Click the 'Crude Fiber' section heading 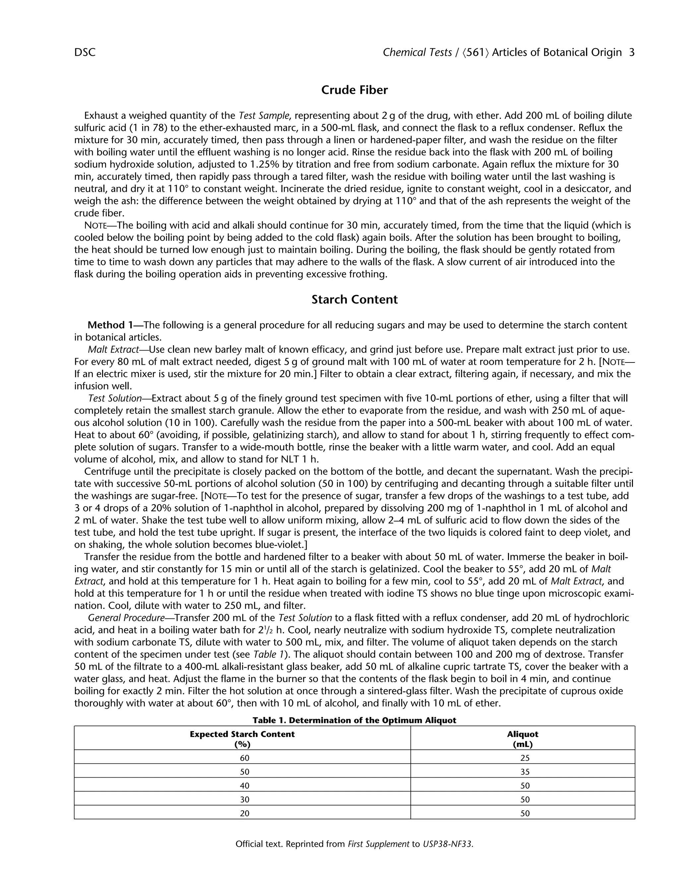click(x=354, y=90)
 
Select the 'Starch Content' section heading click(x=354, y=300)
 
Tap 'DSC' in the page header click(x=85, y=53)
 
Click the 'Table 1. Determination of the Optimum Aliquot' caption click(x=354, y=720)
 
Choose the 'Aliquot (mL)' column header click(x=523, y=739)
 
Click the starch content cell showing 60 click(x=245, y=758)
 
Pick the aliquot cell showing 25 click(x=525, y=758)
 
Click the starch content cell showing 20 click(x=245, y=813)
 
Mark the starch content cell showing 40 click(x=245, y=786)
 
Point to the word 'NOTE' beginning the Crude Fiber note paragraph click(x=94, y=226)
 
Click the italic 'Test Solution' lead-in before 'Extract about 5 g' click(x=115, y=398)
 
